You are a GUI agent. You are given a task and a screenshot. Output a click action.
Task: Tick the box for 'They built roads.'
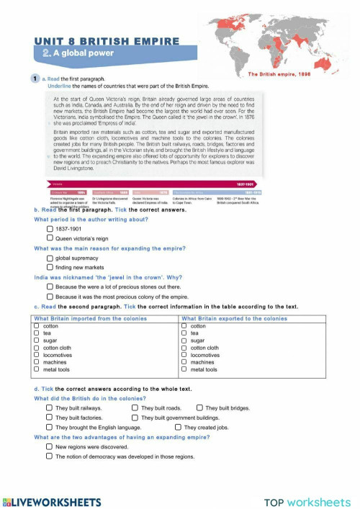[135, 407]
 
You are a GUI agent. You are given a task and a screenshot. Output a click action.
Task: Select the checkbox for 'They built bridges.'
[199, 407]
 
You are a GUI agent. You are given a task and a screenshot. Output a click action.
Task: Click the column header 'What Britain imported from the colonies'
[90, 318]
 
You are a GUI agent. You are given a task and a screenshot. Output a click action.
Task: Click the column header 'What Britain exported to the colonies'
[234, 318]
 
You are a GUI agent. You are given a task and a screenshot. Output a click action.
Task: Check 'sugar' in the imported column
[37, 341]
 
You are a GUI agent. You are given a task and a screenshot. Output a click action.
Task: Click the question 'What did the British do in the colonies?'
[90, 398]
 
